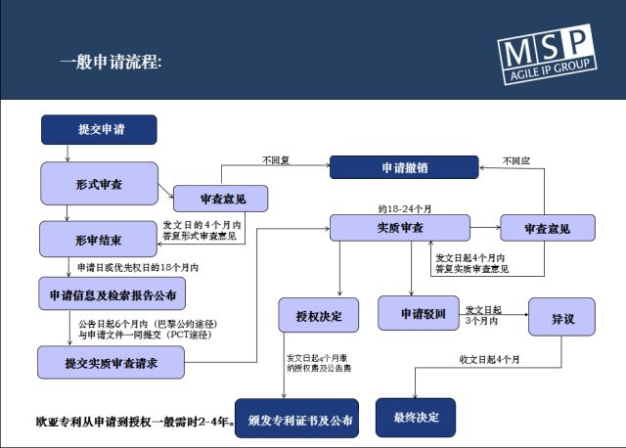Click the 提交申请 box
click(100, 129)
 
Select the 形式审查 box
click(99, 183)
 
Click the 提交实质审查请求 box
click(112, 362)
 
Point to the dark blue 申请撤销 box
click(404, 167)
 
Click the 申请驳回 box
click(424, 314)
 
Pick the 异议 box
click(561, 319)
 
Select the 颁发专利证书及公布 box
click(296, 419)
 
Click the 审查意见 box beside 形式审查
click(222, 199)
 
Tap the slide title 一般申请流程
click(111, 62)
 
